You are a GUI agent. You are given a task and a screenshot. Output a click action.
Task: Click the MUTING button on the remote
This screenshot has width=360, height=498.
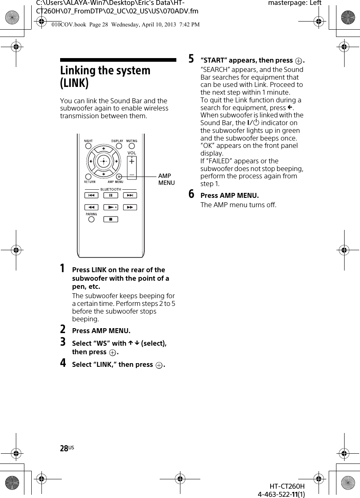coord(132,146)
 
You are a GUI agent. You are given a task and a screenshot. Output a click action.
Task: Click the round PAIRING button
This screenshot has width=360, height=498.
coord(91,219)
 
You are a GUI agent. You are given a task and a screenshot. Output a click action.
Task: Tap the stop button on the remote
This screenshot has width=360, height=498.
coord(111,219)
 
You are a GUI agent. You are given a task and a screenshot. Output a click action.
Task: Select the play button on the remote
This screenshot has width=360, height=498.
coord(111,207)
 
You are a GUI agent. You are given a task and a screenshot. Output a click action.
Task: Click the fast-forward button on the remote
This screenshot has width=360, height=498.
coord(130,207)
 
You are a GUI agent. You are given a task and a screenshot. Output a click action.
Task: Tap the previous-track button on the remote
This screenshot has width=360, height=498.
coord(91,195)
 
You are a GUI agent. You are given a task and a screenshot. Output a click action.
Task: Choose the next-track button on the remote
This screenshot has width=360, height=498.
coord(130,195)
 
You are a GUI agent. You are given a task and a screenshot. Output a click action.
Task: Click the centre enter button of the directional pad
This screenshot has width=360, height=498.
coord(104,161)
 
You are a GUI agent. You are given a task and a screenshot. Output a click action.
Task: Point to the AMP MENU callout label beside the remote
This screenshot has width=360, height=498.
coord(166,179)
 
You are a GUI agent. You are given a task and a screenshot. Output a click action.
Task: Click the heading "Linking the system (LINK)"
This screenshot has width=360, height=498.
coord(105,76)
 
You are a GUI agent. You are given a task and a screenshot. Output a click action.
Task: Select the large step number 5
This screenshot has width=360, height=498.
coord(191,59)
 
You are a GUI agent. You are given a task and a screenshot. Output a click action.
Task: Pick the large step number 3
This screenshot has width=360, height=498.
coord(63,342)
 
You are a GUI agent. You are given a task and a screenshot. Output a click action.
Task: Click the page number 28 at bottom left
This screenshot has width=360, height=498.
coord(64,448)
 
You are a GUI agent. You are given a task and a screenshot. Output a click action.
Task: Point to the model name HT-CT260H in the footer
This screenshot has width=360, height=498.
coord(287,487)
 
